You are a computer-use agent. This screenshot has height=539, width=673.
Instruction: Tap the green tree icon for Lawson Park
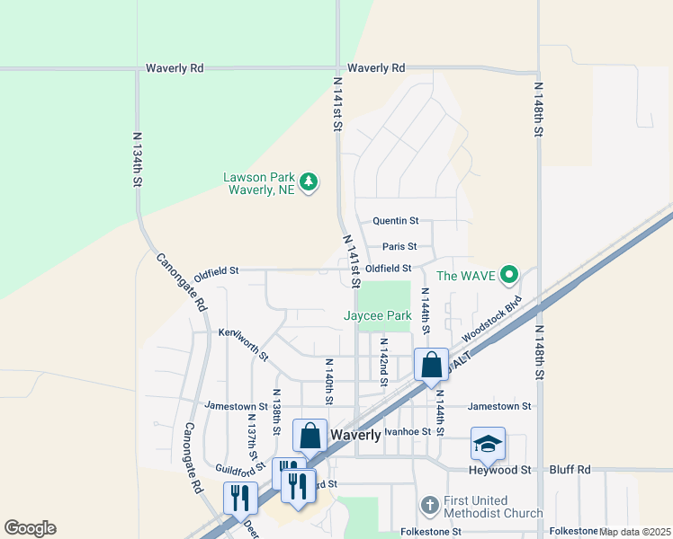310,182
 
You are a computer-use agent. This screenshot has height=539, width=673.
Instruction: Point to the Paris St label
399,246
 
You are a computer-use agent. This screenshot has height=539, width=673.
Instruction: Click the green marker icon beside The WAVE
509,275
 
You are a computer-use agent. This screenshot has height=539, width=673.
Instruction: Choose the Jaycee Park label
378,315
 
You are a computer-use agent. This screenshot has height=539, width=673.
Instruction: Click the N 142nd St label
383,363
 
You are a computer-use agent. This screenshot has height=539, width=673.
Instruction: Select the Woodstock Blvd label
491,319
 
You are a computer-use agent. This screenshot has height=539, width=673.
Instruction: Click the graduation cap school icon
488,444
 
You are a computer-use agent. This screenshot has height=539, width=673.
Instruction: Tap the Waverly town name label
356,434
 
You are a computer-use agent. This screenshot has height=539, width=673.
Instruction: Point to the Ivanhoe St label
402,431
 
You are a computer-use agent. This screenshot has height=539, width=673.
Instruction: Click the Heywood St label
499,470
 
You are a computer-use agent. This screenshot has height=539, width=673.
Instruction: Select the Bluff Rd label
570,470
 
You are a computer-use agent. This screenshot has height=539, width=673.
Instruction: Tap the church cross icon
431,505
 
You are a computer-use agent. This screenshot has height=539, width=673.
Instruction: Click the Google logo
30,528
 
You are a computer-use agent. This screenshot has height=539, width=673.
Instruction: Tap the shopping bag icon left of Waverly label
310,436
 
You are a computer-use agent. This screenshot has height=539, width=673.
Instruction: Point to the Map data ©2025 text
634,532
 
